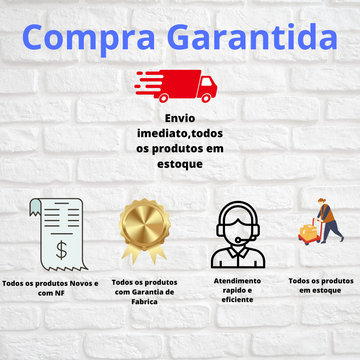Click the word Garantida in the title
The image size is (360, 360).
pos(252,37)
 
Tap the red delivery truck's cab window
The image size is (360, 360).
pos(206,81)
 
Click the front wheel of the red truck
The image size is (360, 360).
pos(206,98)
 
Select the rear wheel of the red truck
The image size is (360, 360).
pos(164,98)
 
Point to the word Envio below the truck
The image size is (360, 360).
pos(180,118)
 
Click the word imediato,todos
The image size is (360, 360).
pos(180,134)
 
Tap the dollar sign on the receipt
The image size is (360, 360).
pos(62,250)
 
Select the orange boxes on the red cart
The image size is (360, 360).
pos(309,232)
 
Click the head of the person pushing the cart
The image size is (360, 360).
pos(321,201)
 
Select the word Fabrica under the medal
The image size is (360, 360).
pos(144,302)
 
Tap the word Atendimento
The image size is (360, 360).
pos(237,281)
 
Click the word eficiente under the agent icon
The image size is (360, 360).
pos(237,300)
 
